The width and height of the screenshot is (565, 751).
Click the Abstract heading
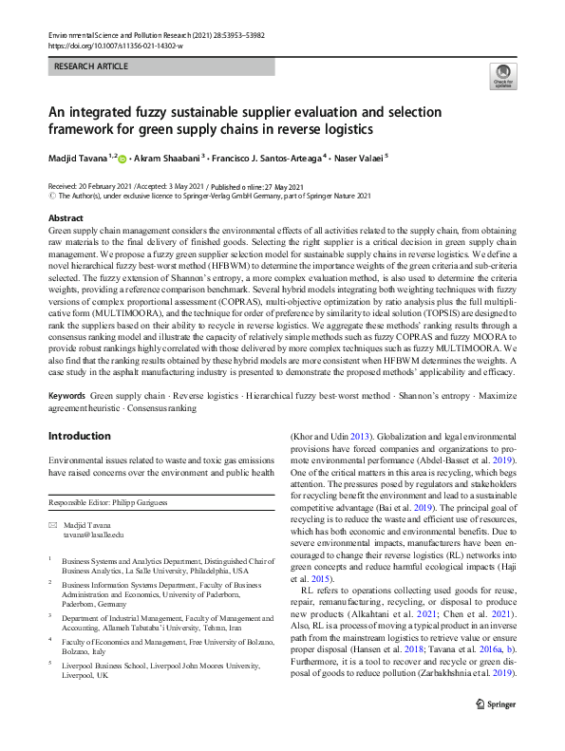point(66,218)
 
